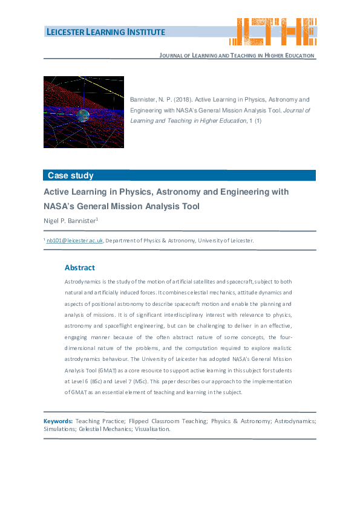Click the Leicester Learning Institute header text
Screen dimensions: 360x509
105,32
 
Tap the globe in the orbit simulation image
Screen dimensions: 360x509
82,115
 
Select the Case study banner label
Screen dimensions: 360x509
71,176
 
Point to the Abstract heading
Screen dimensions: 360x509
80,268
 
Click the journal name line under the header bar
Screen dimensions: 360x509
237,56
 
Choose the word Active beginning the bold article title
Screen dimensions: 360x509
57,192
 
